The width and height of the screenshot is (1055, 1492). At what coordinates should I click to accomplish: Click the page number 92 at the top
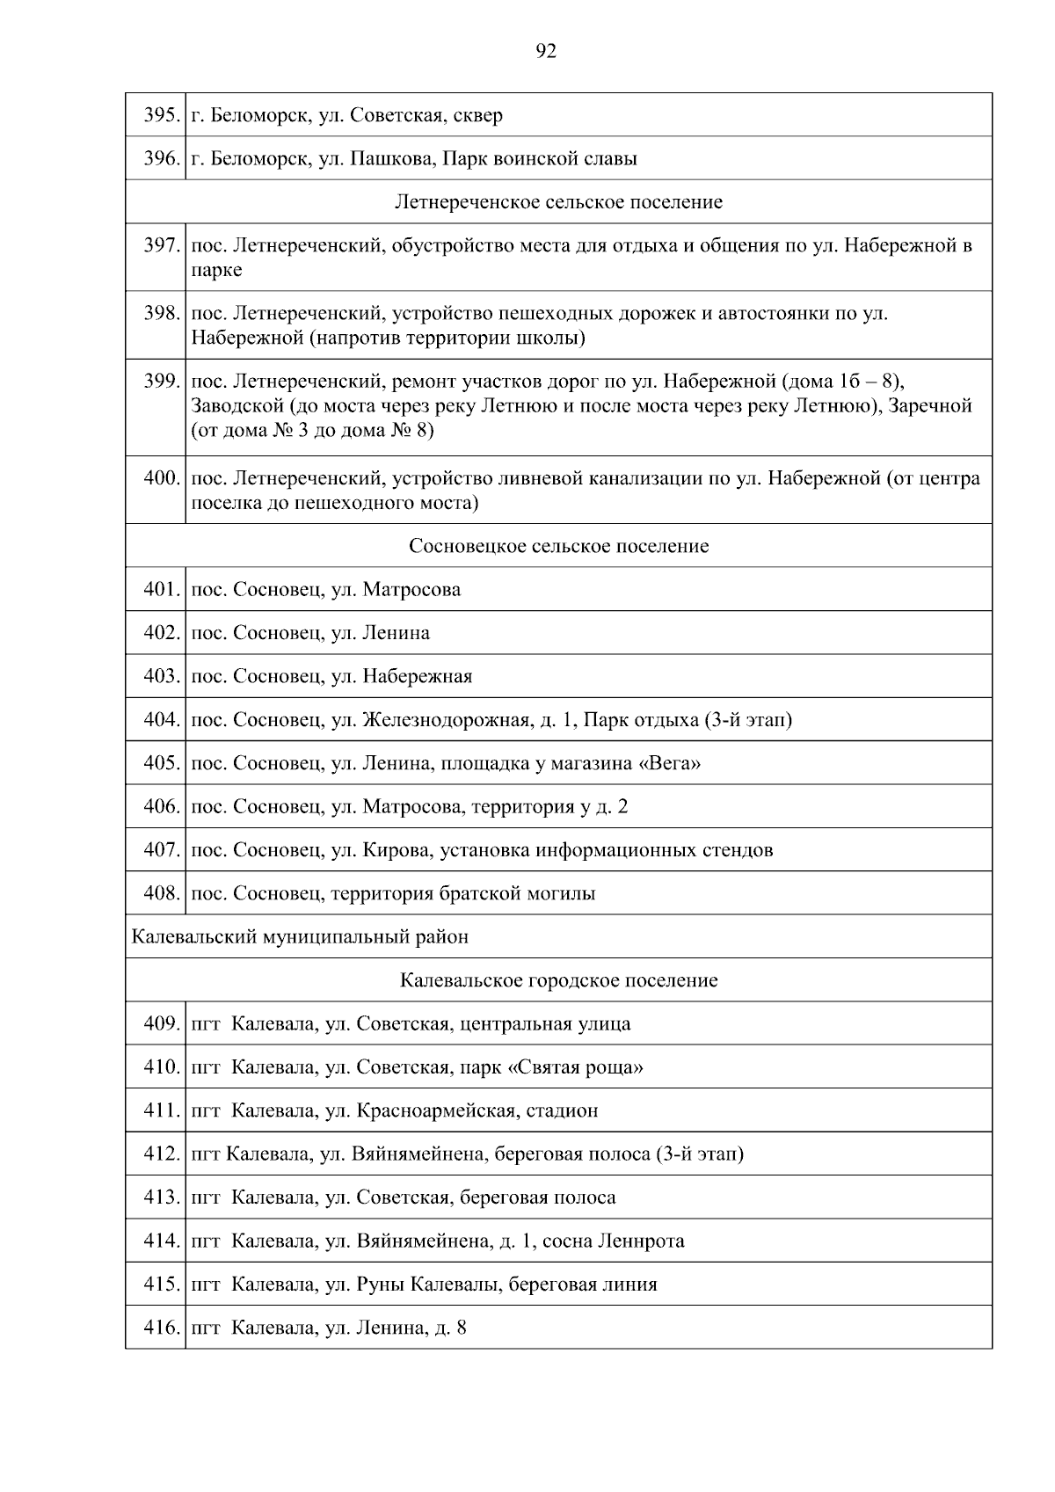(x=545, y=52)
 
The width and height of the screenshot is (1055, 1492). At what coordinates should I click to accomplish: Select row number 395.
(x=161, y=115)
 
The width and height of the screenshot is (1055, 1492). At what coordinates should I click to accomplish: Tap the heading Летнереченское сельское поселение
(x=558, y=202)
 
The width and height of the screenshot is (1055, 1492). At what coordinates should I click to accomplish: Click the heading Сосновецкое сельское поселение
(x=558, y=546)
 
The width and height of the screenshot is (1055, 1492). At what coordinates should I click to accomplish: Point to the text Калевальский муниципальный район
(x=300, y=937)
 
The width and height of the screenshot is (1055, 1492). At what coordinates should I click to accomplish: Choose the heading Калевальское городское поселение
(x=558, y=980)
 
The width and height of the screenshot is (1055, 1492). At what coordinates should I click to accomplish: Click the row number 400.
(x=161, y=479)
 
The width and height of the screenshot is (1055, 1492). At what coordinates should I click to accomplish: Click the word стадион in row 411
(x=562, y=1110)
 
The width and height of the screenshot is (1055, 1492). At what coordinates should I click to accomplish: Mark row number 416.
(x=161, y=1328)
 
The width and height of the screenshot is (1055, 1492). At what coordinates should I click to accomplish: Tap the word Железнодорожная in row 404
(x=446, y=720)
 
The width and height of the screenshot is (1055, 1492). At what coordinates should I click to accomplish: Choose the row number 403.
(x=161, y=677)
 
